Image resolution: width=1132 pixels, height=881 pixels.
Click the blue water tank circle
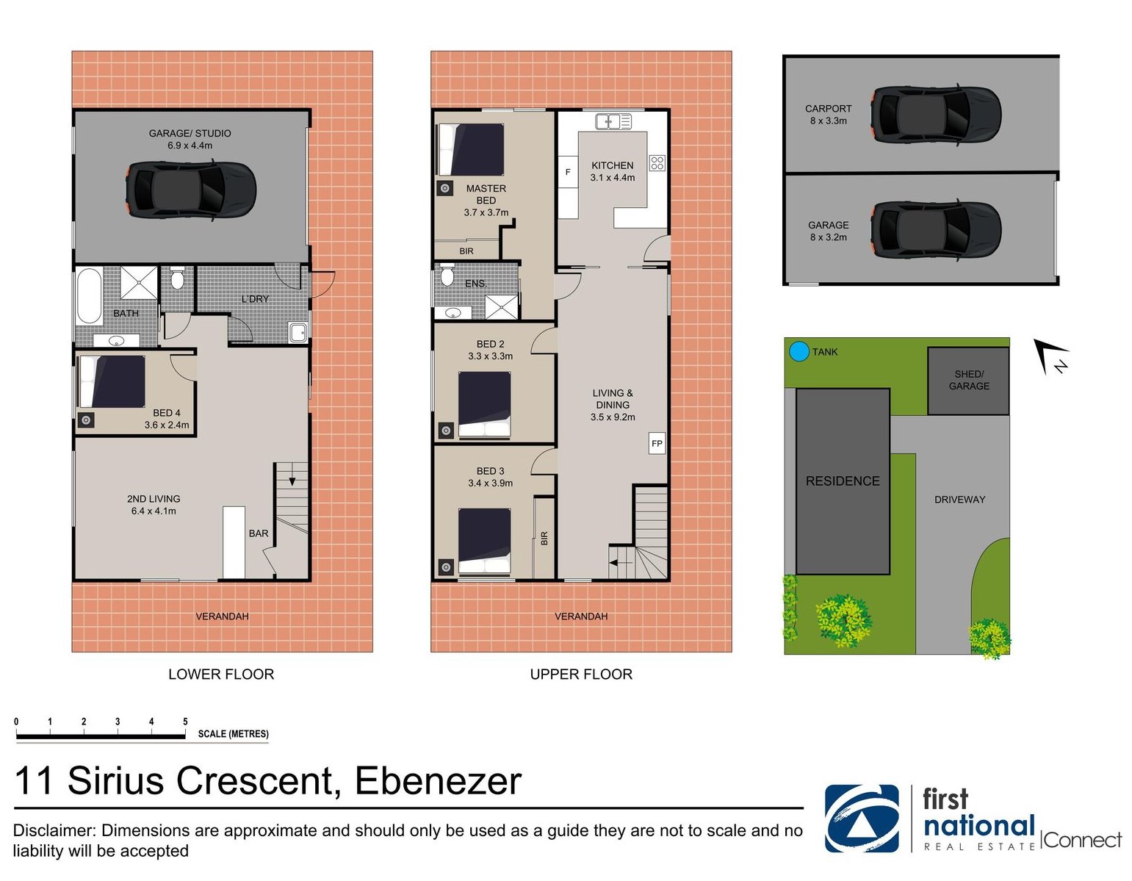pos(798,351)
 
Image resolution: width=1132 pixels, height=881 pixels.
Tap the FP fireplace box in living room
pos(657,443)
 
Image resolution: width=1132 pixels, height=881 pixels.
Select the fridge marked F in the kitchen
pos(568,171)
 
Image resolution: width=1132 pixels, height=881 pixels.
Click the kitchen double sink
pos(613,121)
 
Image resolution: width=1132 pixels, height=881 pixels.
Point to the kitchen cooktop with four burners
pos(657,163)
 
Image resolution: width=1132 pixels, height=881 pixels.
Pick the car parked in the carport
pos(936,114)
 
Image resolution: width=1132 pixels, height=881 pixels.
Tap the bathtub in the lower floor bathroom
pos(90,296)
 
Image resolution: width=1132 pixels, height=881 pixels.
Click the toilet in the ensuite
pos(447,275)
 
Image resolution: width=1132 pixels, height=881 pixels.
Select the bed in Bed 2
pos(484,404)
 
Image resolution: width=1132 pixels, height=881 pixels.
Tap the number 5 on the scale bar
pos(185,722)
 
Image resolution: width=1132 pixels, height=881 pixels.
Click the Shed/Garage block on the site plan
pos(968,381)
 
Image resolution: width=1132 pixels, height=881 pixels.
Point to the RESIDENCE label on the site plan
pos(843,481)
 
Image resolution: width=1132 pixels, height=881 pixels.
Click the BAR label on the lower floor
pos(259,533)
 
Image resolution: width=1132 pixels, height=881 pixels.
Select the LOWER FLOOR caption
pos(221,675)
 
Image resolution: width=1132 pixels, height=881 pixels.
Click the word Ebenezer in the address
pos(438,781)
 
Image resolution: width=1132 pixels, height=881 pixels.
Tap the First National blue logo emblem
pos(862,819)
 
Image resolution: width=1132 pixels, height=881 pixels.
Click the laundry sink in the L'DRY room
pos(298,332)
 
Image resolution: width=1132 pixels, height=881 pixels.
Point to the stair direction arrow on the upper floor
pos(621,563)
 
